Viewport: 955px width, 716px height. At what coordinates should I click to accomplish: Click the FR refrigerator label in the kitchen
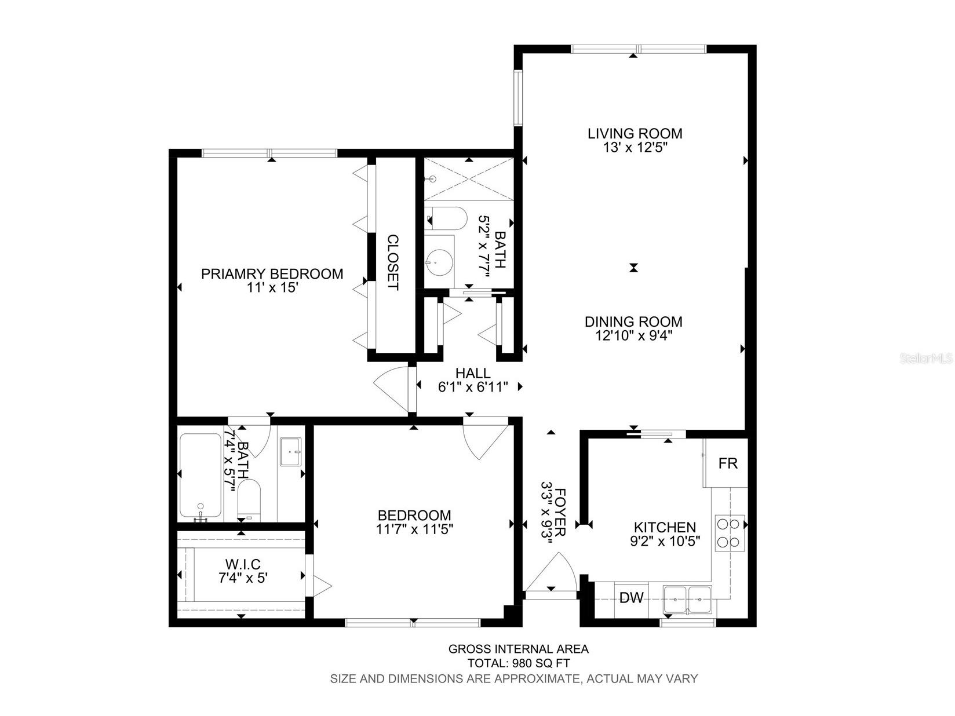728,463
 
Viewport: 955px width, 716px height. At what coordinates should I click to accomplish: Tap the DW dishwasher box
631,598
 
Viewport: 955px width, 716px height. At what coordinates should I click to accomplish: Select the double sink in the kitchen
688,599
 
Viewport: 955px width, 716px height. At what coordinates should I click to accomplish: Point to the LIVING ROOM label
635,134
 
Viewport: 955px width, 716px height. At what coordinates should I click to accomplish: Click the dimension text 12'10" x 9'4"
633,336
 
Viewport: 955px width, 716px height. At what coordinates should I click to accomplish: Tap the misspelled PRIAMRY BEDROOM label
272,273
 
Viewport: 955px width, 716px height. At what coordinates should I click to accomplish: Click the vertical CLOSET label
393,262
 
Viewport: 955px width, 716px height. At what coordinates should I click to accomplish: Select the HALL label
472,374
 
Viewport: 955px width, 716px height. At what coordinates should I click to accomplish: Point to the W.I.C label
242,564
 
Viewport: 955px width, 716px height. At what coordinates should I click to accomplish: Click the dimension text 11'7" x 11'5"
414,529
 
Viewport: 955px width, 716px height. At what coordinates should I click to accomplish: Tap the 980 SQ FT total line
519,663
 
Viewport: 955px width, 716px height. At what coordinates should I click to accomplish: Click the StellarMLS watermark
926,359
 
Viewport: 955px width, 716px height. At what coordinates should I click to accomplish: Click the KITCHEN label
665,527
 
